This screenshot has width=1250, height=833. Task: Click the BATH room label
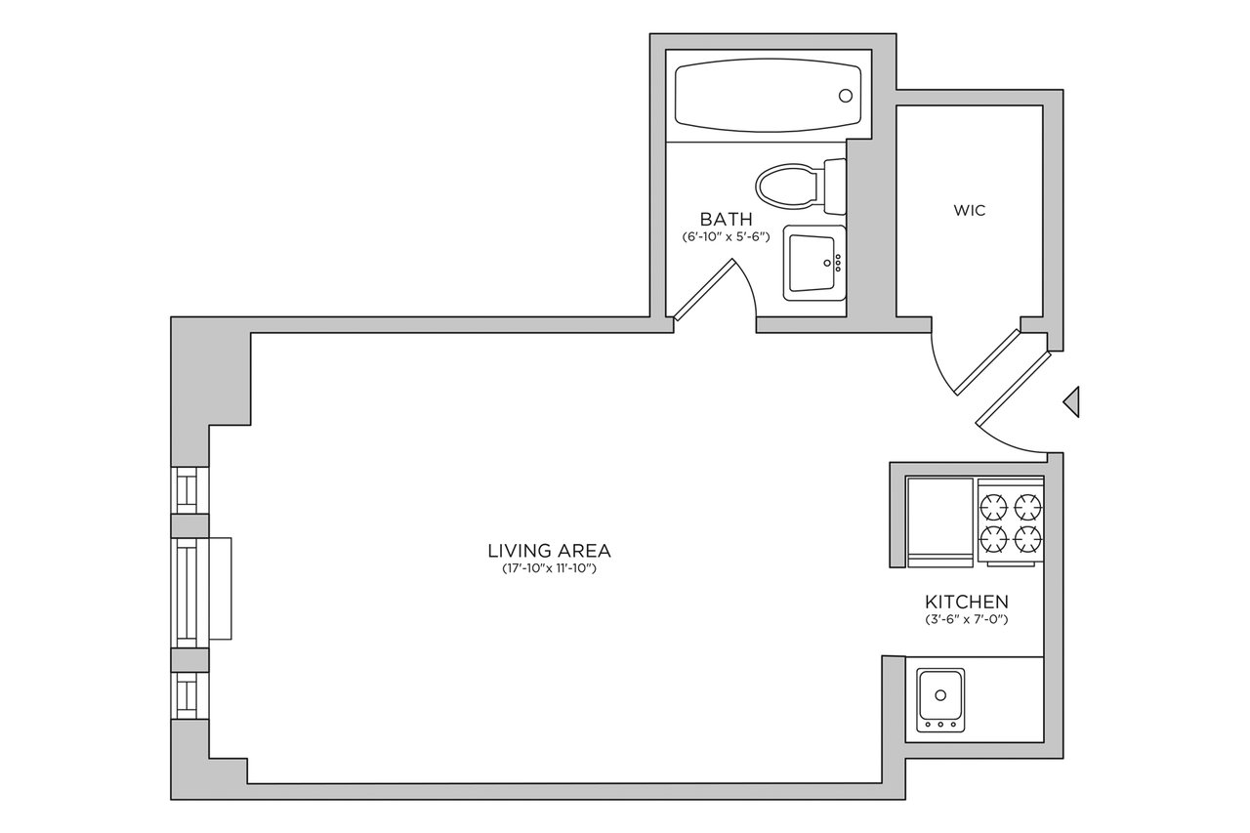[x=726, y=219]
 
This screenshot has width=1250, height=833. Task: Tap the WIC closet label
[x=970, y=210]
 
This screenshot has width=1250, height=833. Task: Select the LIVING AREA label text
[x=549, y=551]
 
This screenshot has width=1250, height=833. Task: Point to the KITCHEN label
[x=967, y=602]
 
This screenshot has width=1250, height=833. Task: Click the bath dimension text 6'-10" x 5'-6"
[x=726, y=236]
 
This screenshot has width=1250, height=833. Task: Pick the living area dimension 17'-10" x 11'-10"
[x=549, y=569]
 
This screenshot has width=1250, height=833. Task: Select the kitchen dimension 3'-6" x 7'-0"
[x=967, y=619]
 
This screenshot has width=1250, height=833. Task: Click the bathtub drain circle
[x=846, y=96]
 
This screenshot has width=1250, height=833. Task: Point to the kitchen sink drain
[x=940, y=695]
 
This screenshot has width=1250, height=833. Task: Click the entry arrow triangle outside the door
[x=1071, y=401]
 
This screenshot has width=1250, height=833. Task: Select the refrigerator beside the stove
[x=940, y=522]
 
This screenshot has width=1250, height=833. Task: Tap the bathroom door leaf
[x=704, y=290]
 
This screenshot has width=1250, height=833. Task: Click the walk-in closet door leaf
[x=987, y=362]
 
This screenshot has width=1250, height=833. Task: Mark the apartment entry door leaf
[x=1013, y=388]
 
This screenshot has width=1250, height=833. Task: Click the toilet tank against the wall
[x=835, y=187]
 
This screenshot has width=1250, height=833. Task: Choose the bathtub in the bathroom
[x=768, y=96]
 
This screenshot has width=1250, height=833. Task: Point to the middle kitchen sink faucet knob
[x=940, y=725]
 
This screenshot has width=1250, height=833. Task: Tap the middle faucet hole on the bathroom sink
[x=838, y=263]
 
